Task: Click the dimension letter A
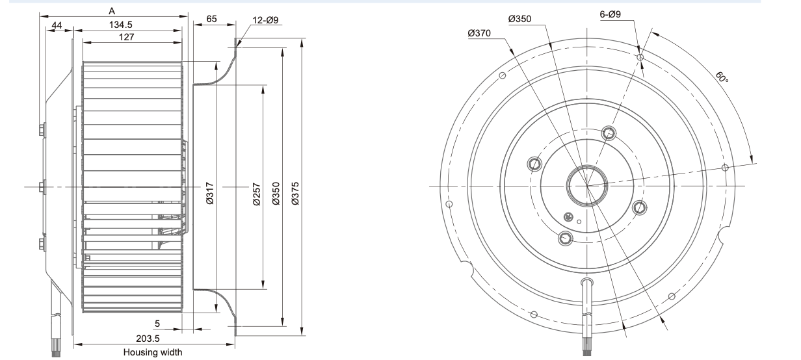[x=113, y=10]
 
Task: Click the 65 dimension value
[x=212, y=20]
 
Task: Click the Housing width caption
[x=153, y=352]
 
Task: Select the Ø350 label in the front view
[x=519, y=19]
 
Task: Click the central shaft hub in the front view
[x=586, y=186]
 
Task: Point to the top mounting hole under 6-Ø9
[x=640, y=58]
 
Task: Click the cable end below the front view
[x=586, y=350]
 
